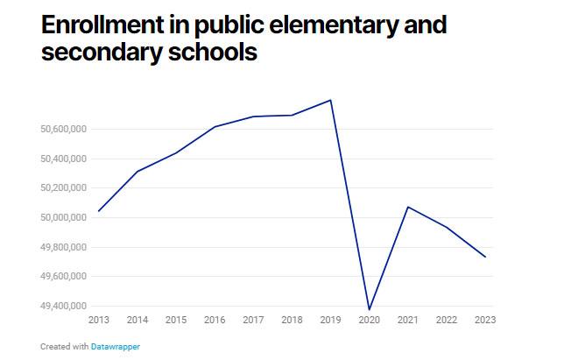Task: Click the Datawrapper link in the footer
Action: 115,347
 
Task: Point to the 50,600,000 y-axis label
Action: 62,130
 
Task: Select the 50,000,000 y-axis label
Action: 62,218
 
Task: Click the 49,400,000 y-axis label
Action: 62,307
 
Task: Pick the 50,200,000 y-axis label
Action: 62,188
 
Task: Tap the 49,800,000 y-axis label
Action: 62,248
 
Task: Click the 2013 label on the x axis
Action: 99,320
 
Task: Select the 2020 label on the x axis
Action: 369,320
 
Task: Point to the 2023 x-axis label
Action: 484,320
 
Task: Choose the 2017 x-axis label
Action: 253,320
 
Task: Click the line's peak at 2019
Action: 330,100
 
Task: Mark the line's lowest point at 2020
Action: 369,309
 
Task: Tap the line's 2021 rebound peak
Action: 407,207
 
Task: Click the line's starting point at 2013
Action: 99,211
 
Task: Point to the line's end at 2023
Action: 484,257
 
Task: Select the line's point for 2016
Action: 215,127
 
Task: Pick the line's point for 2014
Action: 137,171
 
